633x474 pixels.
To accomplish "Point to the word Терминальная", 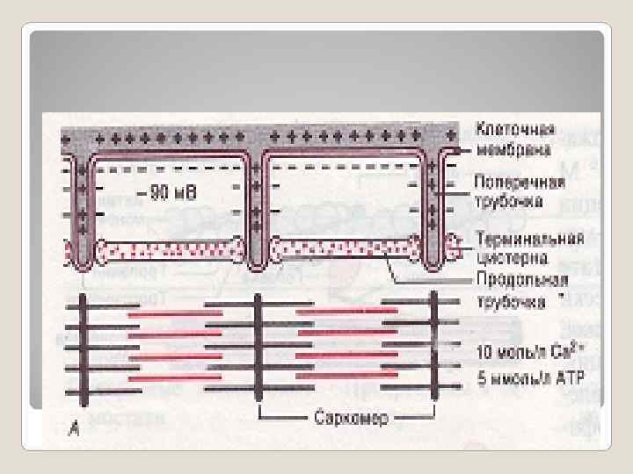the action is [x=527, y=237].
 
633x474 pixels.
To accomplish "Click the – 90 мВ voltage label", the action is [x=166, y=190].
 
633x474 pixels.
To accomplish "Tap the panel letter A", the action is [x=74, y=427].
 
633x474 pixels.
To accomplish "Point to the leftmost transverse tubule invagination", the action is [x=82, y=211].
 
